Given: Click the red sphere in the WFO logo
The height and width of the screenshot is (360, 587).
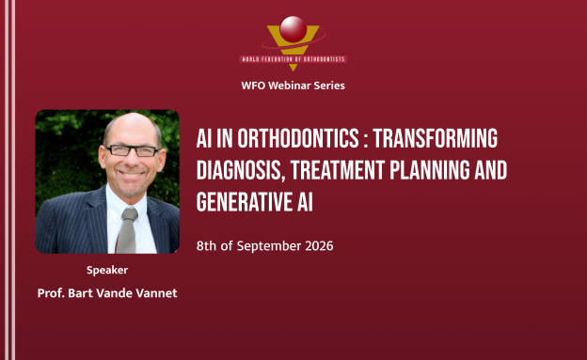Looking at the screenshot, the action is coord(293,29).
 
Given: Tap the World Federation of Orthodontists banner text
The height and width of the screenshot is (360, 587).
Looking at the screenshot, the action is coord(293,59).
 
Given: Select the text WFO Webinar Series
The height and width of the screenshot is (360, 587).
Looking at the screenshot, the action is coord(293,86).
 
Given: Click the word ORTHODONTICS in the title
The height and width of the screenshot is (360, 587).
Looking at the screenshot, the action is coord(298,138).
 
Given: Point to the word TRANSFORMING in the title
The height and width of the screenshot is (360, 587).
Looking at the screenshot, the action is coord(436,138).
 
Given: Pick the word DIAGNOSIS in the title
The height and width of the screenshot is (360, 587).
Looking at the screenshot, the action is coord(239,171).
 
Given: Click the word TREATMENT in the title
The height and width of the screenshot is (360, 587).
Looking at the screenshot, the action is coord(338,170).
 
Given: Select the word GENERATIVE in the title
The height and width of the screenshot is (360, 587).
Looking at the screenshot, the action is coord(244,202).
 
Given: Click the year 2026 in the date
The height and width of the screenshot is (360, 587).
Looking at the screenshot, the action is coord(319,246).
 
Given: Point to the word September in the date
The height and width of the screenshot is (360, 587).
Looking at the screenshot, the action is coord(269,246).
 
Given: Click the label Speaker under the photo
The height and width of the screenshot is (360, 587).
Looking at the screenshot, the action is coord(107,270).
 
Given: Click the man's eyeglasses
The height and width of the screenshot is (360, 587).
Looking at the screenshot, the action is coord(132,150).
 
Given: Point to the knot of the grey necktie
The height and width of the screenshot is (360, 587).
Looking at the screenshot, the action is coord(130,214).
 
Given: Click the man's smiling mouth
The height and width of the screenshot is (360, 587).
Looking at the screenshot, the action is coord(131,174).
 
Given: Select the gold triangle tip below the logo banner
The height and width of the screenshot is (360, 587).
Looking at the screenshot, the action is coord(293,68).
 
